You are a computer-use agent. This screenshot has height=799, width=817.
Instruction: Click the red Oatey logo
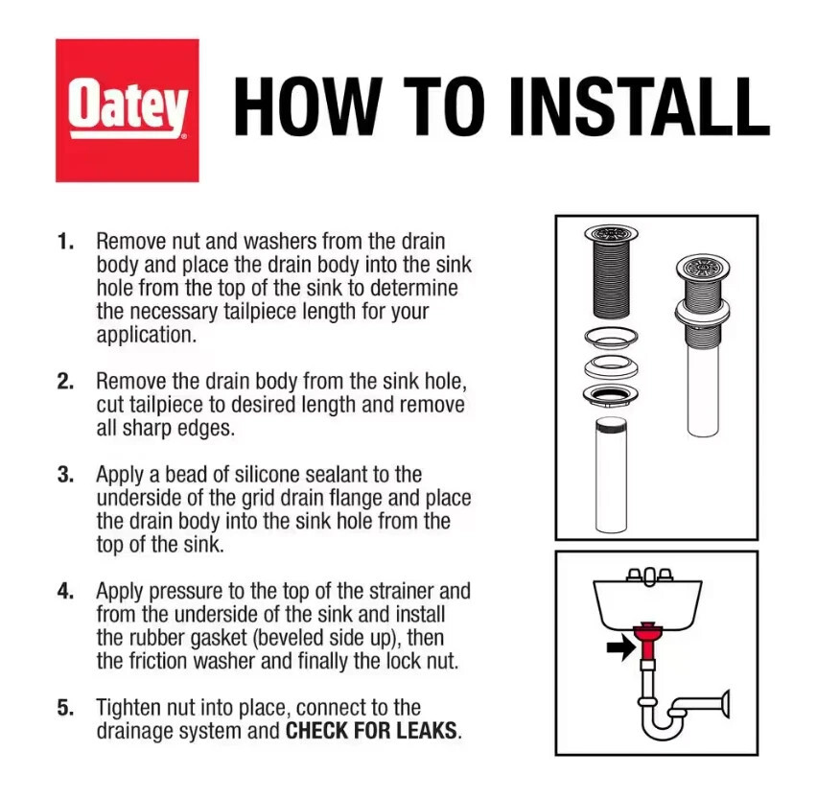[x=128, y=110]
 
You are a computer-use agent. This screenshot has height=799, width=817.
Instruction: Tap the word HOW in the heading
[x=309, y=106]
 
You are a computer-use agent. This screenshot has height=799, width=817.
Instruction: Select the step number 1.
[x=65, y=242]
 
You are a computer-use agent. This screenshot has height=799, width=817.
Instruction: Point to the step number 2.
[x=65, y=382]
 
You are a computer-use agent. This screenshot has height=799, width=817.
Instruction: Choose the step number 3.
[x=65, y=475]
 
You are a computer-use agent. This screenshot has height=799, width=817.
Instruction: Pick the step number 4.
[x=65, y=592]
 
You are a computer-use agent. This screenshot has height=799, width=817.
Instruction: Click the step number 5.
[x=65, y=708]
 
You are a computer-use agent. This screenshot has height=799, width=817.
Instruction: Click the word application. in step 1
[x=147, y=336]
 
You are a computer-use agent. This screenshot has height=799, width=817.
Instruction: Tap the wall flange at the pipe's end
[x=725, y=704]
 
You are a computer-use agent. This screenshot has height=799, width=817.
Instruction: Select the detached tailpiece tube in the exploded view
[x=611, y=475]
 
